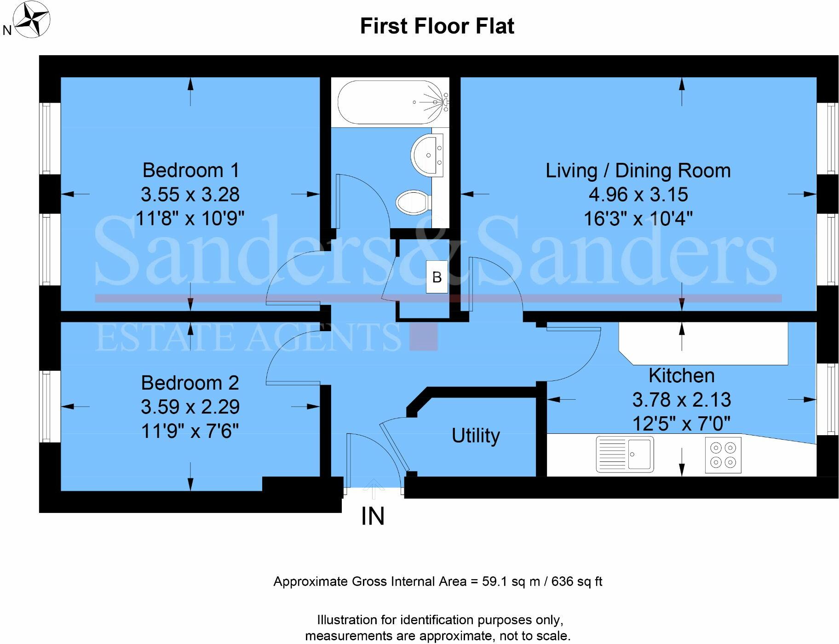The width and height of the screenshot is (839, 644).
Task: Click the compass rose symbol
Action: tap(31, 20)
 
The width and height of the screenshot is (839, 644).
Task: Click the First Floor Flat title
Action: tap(437, 26)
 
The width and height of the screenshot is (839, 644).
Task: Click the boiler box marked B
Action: tap(437, 277)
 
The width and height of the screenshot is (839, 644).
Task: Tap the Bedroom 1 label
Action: tap(190, 170)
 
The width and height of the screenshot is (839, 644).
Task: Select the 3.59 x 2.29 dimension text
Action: tap(190, 407)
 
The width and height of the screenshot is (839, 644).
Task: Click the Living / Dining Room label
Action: tap(638, 171)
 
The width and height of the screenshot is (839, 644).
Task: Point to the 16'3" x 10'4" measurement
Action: tap(638, 218)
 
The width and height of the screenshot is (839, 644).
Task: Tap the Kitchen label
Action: tap(681, 376)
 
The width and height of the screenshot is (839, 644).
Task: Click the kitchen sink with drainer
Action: tap(624, 454)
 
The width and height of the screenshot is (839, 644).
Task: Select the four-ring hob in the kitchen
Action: tap(723, 455)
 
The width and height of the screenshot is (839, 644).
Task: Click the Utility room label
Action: tap(475, 435)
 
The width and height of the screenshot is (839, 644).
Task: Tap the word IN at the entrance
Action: tap(373, 516)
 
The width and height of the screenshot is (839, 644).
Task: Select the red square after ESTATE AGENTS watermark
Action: tap(423, 337)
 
